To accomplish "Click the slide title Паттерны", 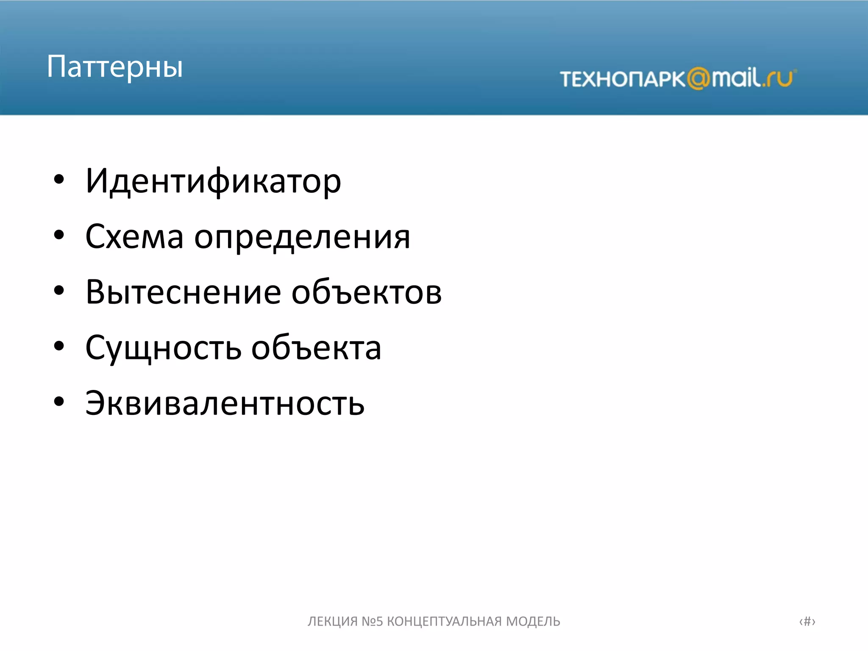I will [x=115, y=67].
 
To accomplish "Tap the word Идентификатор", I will [x=213, y=181].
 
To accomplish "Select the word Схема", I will [x=134, y=236].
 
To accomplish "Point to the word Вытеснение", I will [x=183, y=292].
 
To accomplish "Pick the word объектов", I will [x=366, y=292].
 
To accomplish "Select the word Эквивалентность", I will [x=225, y=403].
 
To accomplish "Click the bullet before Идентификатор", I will [x=59, y=180].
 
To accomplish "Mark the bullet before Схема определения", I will [x=59, y=235].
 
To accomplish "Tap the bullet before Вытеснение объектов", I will [x=59, y=291].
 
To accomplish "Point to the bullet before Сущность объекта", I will [x=59, y=346].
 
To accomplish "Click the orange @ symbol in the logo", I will [x=698, y=79].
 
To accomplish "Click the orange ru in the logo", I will [x=780, y=79].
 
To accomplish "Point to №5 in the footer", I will [x=372, y=621].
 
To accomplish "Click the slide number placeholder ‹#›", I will [x=807, y=621].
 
